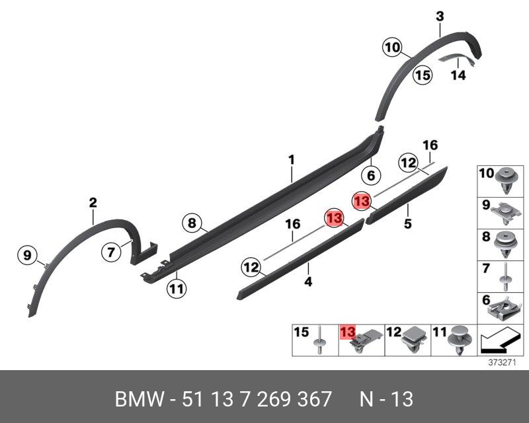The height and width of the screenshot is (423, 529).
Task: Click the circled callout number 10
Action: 392,48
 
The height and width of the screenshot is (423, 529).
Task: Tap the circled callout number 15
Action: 423,75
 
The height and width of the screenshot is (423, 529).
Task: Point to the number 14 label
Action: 458,75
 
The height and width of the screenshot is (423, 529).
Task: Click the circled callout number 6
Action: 371,176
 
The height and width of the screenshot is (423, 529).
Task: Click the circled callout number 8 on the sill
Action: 191,223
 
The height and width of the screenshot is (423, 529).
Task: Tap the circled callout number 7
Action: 111,251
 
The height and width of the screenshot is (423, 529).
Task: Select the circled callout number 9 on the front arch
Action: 27,254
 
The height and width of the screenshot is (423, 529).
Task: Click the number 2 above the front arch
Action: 93,203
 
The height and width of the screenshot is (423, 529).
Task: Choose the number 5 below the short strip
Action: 408,225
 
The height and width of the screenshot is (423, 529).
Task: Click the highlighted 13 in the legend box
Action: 347,332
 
